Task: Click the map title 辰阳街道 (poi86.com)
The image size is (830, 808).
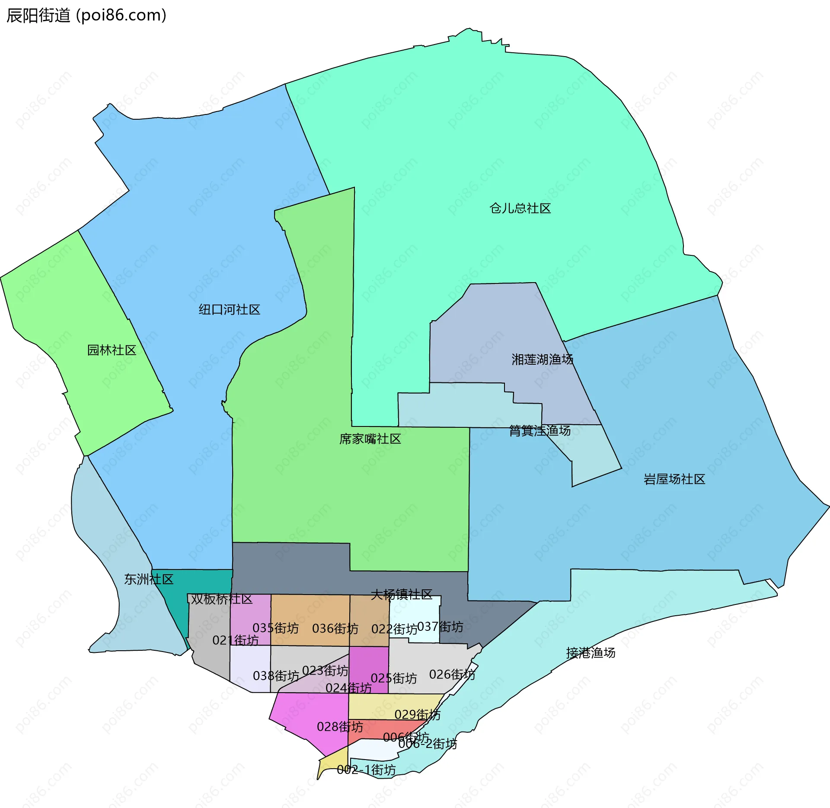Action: [86, 16]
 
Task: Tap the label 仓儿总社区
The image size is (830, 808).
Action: [520, 208]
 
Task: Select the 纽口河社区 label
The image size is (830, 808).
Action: [229, 309]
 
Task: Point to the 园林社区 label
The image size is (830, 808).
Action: [112, 350]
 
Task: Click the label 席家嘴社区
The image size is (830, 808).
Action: [370, 439]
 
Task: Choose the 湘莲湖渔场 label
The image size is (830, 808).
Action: [542, 359]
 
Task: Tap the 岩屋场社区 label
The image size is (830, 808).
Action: [674, 479]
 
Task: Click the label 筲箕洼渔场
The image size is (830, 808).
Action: [539, 430]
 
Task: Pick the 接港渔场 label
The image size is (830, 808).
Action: [591, 652]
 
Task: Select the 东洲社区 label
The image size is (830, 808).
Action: [149, 579]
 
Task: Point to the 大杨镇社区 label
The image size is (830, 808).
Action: [401, 595]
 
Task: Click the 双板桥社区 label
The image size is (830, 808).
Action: [221, 599]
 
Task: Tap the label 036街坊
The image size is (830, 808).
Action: [335, 628]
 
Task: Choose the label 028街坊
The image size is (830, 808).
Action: [340, 727]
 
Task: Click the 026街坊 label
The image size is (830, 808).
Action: [452, 674]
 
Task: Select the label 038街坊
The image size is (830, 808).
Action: [276, 675]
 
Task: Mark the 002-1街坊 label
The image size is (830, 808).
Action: [366, 770]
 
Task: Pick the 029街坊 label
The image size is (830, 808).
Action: [417, 715]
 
